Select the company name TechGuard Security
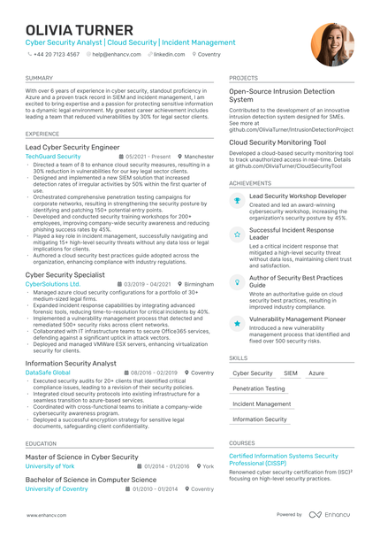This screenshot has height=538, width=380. pos(53,156)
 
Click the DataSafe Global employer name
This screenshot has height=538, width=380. pos(49,373)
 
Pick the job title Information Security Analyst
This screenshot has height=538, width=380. pos(71,363)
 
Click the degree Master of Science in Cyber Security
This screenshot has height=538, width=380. pos(82,457)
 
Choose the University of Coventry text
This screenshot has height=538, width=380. pos(57,488)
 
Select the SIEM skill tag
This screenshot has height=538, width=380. pos(291,373)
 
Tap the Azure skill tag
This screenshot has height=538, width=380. pos(315,373)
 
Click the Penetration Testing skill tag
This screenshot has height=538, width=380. pos(259,388)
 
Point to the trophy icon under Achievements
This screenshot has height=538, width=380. pos(237,201)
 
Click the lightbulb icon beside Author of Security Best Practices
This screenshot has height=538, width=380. pos(237,281)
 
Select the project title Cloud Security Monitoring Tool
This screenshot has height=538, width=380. pos(277,142)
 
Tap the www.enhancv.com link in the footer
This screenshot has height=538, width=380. pos(47,514)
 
